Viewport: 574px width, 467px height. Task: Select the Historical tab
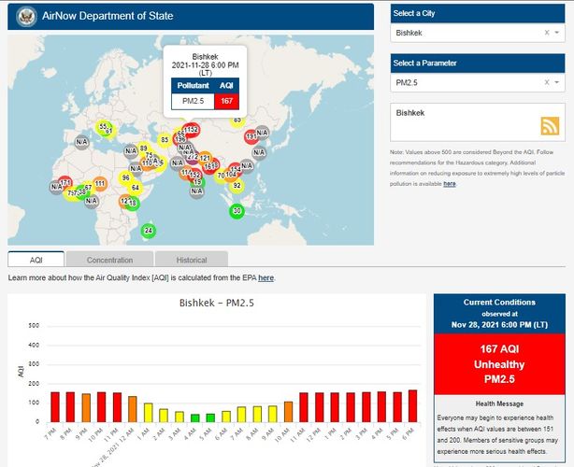[192, 261]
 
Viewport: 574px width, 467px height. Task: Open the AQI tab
[36, 261]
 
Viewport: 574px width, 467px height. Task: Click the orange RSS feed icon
[550, 127]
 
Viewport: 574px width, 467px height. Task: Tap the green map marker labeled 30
[237, 211]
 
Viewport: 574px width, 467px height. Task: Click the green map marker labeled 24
[148, 230]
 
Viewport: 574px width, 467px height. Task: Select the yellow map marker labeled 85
[165, 140]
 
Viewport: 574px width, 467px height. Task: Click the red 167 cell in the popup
[227, 100]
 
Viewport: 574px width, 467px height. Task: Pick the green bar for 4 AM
[195, 417]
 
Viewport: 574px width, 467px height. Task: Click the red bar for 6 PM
[413, 405]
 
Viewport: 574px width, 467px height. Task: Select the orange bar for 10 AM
[288, 411]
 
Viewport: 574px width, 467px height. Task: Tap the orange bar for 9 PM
[86, 407]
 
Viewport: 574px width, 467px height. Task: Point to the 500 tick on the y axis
[35, 325]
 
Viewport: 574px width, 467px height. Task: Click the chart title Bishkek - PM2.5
[217, 304]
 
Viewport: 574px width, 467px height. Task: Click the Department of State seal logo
[26, 18]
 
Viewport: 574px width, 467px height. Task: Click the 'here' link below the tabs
[266, 278]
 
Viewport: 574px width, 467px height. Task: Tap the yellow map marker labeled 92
[237, 186]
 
